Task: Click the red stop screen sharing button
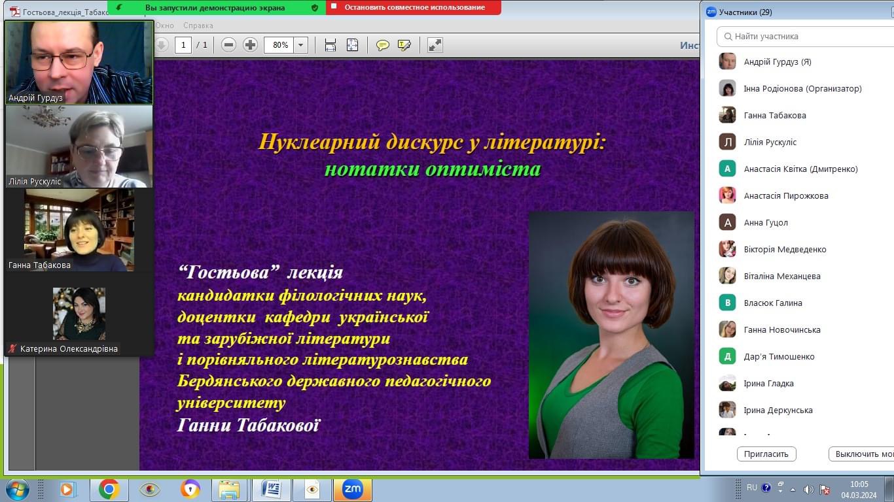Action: [x=414, y=7]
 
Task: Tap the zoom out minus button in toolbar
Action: [x=228, y=44]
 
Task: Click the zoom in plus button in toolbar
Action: [x=250, y=44]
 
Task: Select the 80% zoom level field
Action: [x=280, y=44]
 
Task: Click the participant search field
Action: [x=806, y=37]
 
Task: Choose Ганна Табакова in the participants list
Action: [x=775, y=115]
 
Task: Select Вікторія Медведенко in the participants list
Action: [x=785, y=249]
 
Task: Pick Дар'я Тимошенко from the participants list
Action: [x=779, y=356]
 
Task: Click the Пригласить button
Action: [x=766, y=454]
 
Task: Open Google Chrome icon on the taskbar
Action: [x=109, y=489]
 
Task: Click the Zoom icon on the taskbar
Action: [x=352, y=489]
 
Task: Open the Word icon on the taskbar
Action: [x=272, y=489]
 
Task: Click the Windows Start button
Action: [x=17, y=489]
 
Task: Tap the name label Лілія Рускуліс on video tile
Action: [x=35, y=182]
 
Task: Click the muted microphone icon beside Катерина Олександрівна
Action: [x=12, y=348]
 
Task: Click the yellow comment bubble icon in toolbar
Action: [x=382, y=45]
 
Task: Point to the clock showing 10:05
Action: [x=859, y=484]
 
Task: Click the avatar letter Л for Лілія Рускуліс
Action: [x=727, y=142]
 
